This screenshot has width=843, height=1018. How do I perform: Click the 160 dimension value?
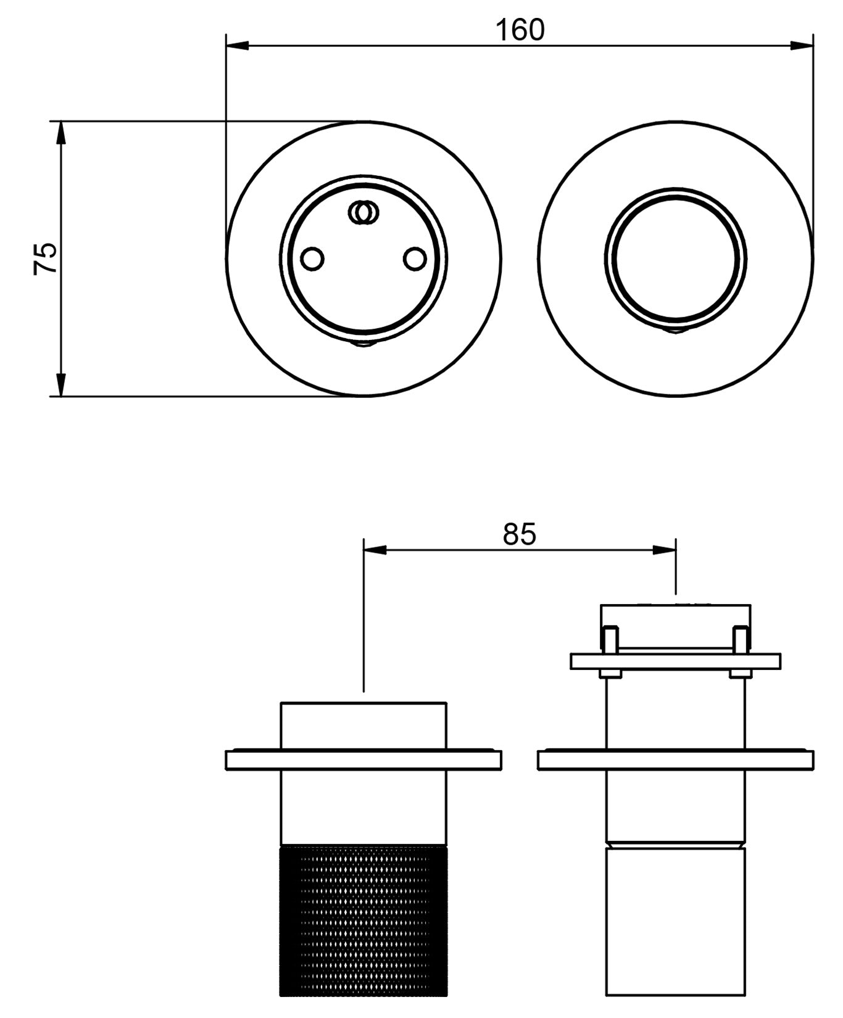click(x=520, y=30)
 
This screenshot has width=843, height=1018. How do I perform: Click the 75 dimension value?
click(x=45, y=259)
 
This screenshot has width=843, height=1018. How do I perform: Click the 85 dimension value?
click(x=520, y=534)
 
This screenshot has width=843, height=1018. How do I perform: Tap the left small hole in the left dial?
click(x=312, y=259)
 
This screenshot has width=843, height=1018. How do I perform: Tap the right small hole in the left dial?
click(x=415, y=259)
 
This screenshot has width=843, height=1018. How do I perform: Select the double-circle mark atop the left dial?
click(x=363, y=212)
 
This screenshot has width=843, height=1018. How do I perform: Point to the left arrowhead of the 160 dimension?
click(x=238, y=45)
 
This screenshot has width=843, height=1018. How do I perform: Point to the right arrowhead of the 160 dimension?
click(x=802, y=45)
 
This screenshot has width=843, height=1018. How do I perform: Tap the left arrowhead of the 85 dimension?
click(x=375, y=549)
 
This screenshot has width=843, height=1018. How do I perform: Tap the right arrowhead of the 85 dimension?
click(x=665, y=549)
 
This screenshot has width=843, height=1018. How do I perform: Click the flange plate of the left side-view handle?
click(x=363, y=759)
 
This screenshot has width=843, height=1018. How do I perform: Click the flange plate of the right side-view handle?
click(x=676, y=759)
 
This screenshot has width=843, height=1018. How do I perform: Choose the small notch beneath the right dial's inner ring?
click(x=676, y=331)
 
